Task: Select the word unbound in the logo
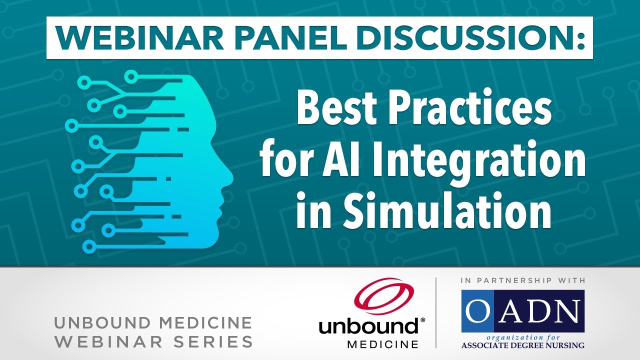[x=369, y=327]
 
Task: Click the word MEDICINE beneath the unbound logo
[x=382, y=344]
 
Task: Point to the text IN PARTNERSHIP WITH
[x=523, y=281]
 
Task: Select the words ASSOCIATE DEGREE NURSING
[x=523, y=345]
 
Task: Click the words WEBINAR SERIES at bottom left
[x=153, y=342]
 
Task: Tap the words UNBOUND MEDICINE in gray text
[x=153, y=323]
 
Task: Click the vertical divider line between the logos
[x=436, y=312]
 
